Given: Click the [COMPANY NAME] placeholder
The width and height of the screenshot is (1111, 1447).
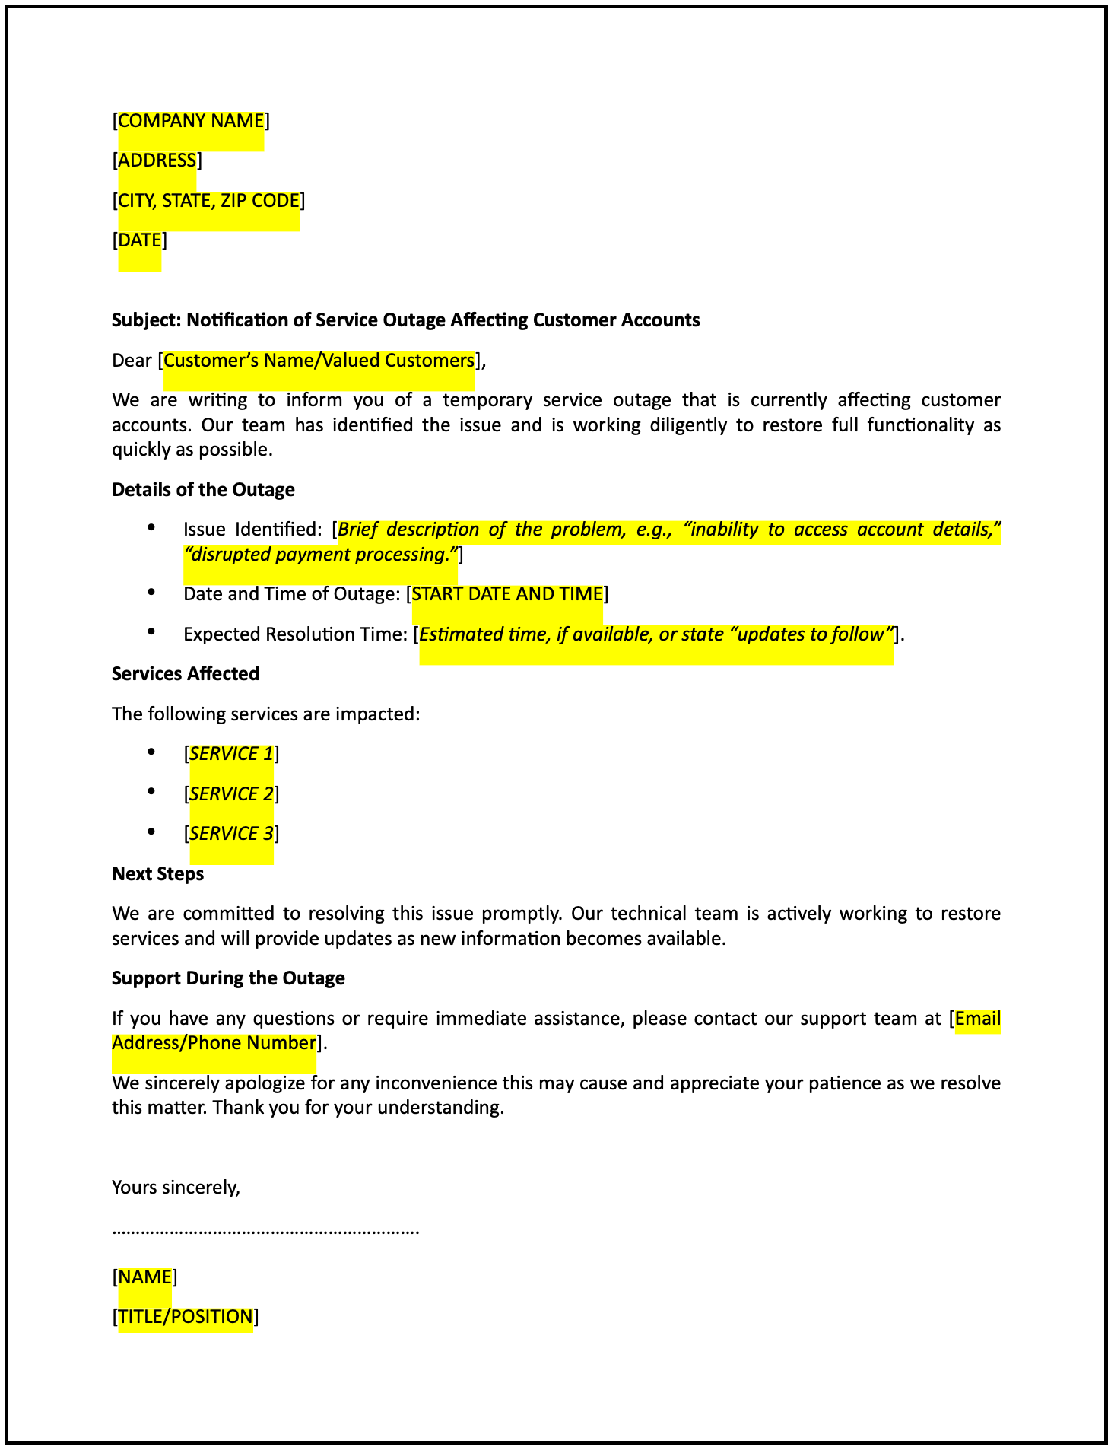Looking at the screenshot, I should coord(191,121).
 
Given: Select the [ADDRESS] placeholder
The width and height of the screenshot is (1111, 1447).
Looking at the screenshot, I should coord(157,161).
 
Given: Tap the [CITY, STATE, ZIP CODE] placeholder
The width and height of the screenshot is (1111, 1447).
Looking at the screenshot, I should coord(208,201).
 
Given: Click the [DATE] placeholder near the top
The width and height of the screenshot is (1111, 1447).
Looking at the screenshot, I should coord(140,240).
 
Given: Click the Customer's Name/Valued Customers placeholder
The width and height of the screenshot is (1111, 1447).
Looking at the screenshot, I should coord(319,361).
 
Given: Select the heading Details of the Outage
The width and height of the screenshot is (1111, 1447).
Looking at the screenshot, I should coord(203,490).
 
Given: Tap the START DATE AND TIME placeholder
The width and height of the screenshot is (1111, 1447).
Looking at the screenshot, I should coord(507,594).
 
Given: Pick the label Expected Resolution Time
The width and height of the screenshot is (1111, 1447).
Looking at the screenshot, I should coord(294,634).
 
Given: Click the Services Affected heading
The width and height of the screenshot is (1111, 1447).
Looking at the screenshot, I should coord(186,674).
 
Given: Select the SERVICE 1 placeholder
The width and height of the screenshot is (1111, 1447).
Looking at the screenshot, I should coord(231,754).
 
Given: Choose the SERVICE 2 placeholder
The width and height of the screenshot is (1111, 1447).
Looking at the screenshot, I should coord(231,794).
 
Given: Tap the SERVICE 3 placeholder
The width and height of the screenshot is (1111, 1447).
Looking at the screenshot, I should coord(231,834).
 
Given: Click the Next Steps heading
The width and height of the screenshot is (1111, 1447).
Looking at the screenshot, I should coord(157,874).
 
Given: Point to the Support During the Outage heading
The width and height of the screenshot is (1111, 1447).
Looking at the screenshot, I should coord(228,978).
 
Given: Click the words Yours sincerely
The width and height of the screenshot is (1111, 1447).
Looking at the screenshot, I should coord(176,1188).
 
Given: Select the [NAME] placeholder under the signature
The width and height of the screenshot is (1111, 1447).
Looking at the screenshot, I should coord(144,1277).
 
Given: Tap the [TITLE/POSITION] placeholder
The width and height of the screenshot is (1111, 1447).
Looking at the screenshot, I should coord(186,1317).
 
